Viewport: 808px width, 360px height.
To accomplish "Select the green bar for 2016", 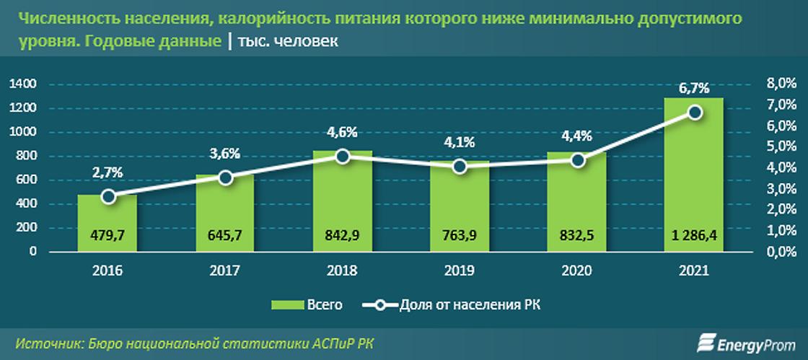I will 107,223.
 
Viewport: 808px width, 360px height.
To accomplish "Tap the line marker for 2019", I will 460,167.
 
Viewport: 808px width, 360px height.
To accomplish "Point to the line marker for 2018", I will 343,156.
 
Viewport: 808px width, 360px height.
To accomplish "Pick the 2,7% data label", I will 107,172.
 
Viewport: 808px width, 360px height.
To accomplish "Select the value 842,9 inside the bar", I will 343,234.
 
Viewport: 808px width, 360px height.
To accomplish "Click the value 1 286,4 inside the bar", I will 693,234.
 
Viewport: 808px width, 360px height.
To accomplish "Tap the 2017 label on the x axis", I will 225,271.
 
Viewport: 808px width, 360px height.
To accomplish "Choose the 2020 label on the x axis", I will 576,271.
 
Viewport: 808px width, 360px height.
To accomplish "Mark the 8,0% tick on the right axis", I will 781,84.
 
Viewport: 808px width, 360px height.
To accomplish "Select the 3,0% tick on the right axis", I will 781,189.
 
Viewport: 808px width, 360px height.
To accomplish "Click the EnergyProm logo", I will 747,343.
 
